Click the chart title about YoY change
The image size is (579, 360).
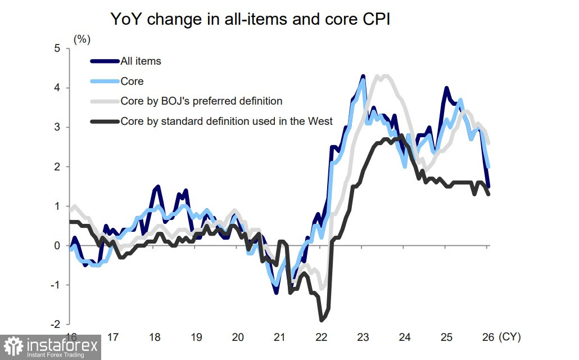[x=250, y=20]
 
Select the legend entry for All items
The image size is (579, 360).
[x=141, y=61]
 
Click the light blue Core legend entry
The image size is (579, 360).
[x=132, y=81]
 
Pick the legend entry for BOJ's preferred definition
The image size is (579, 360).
[x=201, y=101]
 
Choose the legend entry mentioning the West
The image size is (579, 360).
[x=227, y=121]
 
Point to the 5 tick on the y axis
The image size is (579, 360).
[x=57, y=48]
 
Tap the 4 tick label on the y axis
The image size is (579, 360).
[x=57, y=88]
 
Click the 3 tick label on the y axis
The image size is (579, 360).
[x=57, y=127]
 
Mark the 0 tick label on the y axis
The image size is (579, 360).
[x=57, y=246]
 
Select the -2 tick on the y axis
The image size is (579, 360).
[x=55, y=325]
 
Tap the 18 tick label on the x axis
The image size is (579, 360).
[x=155, y=337]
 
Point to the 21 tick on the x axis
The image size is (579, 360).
[x=279, y=337]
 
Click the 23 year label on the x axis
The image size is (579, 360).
[x=363, y=337]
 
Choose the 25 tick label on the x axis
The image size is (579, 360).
[x=446, y=337]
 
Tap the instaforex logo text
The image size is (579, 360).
[x=62, y=344]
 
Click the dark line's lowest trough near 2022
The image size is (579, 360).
[x=322, y=320]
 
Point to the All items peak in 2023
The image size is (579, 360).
[x=363, y=76]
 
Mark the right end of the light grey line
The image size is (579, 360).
[x=488, y=143]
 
